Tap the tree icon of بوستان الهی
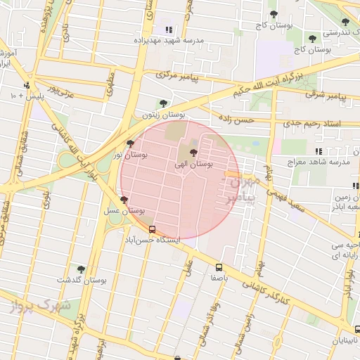point(194,153)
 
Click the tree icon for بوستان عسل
point(124,201)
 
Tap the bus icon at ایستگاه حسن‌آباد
point(152,229)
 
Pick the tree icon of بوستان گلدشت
point(81,269)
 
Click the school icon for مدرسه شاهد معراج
point(319,151)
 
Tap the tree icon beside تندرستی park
point(345,22)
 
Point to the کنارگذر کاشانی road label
point(264,290)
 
